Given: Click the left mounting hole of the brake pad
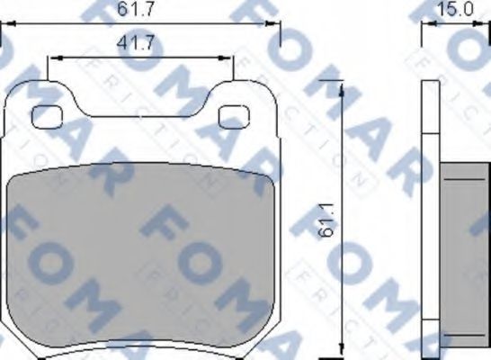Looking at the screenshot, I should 47,115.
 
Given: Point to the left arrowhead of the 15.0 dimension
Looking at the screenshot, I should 426,26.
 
